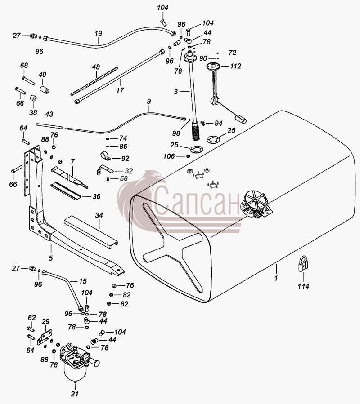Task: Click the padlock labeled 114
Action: coord(303,264)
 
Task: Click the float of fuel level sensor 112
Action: coord(240,119)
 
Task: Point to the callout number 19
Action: coord(98,34)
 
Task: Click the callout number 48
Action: coord(96,67)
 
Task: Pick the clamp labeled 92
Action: coord(105,155)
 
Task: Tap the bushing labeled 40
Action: coord(45,90)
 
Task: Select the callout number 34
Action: coord(99,215)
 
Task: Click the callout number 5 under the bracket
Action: coord(50,258)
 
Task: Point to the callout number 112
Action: coord(236,66)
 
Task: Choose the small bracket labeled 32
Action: coord(105,169)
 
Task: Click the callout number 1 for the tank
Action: coord(276,278)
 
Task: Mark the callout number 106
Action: coord(169,156)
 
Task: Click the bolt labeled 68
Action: coord(29,80)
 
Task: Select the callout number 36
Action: coord(96,196)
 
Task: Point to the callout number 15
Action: coord(83,281)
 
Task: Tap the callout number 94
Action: coord(218,124)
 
